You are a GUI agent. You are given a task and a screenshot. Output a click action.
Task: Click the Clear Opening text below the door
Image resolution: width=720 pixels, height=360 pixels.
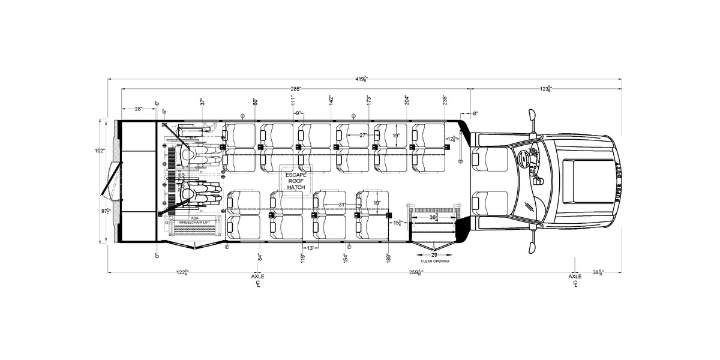[434, 262]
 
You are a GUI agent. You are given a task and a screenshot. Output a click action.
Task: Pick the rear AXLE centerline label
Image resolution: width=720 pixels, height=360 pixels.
[258, 279]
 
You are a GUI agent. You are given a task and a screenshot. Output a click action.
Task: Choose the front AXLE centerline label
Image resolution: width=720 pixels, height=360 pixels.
[575, 279]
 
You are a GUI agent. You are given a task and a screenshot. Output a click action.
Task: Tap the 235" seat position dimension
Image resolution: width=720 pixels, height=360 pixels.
[445, 100]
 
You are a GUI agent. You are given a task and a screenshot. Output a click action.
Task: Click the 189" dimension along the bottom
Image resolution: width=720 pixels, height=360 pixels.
[389, 258]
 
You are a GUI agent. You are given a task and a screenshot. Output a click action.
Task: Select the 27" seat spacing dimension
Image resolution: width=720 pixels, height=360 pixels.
[363, 136]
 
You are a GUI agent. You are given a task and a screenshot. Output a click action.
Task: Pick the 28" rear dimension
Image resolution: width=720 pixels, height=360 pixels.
[139, 109]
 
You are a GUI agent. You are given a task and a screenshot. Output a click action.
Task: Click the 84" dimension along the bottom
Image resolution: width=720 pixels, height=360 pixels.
[260, 258]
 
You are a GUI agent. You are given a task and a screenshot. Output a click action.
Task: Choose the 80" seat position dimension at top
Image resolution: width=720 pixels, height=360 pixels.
[256, 101]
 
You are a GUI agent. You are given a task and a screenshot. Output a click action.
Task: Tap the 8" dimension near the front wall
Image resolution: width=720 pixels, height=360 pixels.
[474, 113]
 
